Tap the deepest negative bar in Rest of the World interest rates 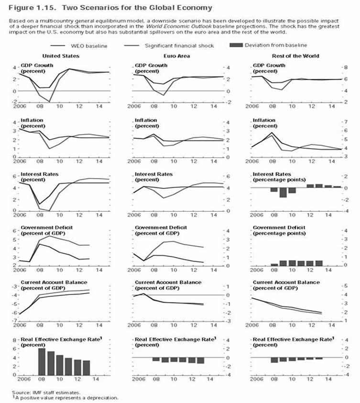283,192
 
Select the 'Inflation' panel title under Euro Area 146,120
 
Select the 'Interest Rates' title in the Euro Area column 153,174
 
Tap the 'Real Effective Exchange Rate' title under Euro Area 175,339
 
